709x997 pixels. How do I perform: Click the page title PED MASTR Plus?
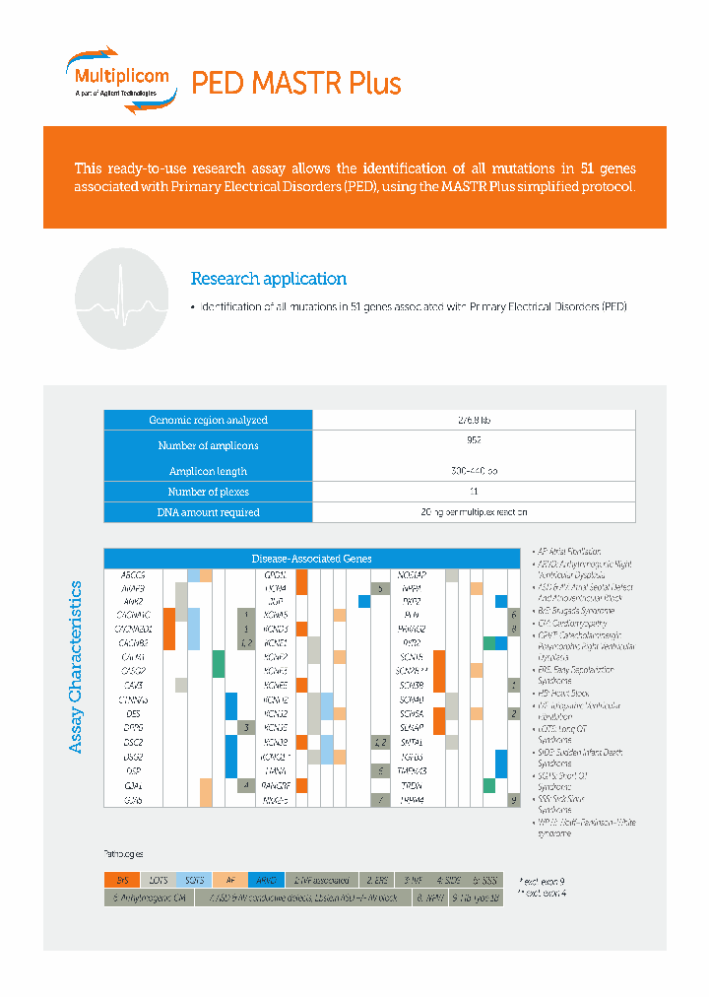click(296, 83)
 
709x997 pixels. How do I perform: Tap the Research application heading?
click(268, 279)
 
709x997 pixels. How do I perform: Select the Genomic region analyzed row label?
click(208, 420)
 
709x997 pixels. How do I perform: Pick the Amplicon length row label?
click(208, 471)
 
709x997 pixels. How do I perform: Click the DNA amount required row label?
click(208, 512)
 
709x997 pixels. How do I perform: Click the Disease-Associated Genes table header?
click(311, 559)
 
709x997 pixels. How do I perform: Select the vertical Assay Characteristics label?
click(77, 668)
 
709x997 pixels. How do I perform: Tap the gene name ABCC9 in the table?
click(133, 574)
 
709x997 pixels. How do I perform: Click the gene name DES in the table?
click(133, 712)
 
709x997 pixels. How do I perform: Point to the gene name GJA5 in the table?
click(133, 800)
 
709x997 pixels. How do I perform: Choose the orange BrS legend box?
click(122, 879)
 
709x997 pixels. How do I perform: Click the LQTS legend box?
click(158, 879)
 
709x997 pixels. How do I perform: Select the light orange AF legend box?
click(230, 879)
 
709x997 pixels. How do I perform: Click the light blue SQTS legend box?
click(194, 879)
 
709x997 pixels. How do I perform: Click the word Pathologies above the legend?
click(124, 853)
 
